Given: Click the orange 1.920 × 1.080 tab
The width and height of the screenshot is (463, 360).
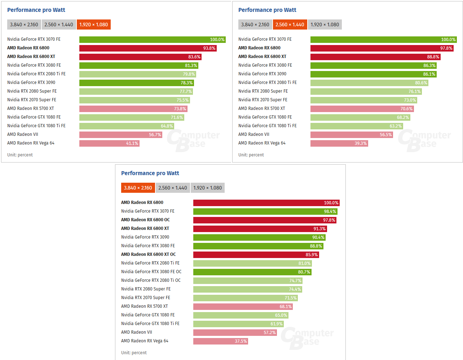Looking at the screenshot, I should (x=93, y=25).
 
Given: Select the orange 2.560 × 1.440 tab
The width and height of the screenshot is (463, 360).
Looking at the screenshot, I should (x=290, y=25).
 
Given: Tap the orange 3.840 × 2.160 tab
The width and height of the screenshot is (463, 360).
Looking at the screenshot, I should (x=138, y=188).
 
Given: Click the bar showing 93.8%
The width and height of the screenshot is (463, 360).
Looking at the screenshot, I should (x=148, y=48).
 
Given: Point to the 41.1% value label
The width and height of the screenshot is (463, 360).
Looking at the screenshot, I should (x=132, y=143).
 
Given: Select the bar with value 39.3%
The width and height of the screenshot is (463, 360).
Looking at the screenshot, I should (x=339, y=143).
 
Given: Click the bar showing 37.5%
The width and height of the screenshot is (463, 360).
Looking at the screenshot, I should (x=220, y=341).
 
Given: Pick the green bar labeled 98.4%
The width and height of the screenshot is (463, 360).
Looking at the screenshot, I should (x=265, y=212).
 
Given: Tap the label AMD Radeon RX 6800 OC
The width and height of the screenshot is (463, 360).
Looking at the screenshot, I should (x=145, y=220).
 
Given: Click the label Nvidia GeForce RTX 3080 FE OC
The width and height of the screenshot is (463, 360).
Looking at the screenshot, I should (x=151, y=272).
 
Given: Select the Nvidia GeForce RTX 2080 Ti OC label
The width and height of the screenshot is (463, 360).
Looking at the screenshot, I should (x=151, y=280).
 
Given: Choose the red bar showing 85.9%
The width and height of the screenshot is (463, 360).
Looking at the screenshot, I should (x=256, y=255).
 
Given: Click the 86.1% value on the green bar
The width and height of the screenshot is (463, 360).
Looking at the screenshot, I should (x=429, y=74).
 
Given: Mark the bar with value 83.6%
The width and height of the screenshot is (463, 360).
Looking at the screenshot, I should (x=140, y=57).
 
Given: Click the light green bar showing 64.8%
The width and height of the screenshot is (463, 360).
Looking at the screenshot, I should (x=127, y=126).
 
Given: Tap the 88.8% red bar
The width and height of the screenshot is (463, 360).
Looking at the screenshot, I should (x=375, y=57).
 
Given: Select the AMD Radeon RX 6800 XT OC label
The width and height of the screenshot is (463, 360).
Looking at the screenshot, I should (x=148, y=254).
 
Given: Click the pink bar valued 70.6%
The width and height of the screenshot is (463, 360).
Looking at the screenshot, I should (x=362, y=109).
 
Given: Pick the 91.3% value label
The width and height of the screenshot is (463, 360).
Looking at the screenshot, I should (x=319, y=229).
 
